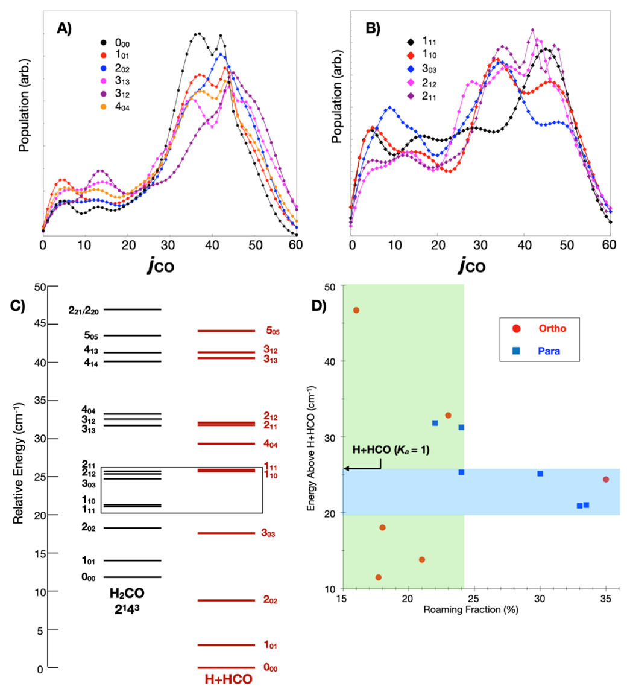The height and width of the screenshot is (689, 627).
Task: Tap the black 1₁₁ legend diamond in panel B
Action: (410, 42)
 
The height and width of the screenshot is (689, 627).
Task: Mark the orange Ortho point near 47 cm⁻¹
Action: (356, 310)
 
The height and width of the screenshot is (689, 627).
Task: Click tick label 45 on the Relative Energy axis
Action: (39, 325)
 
